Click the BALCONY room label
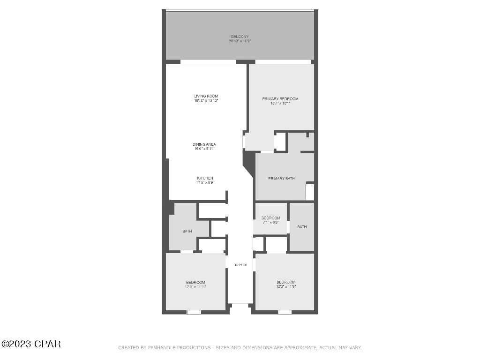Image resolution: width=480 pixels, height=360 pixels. (240, 37)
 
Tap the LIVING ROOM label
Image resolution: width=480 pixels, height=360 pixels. (206, 96)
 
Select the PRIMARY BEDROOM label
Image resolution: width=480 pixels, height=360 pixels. (280, 99)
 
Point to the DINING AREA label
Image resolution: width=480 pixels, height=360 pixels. (204, 144)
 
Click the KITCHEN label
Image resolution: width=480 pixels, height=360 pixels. (205, 178)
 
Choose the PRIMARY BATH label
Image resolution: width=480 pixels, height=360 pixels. (281, 179)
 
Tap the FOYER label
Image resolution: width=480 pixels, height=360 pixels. (241, 265)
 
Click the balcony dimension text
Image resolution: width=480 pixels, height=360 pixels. (240, 41)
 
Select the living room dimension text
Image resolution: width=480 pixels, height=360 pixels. (206, 101)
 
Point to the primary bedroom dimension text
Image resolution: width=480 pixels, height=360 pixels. (280, 103)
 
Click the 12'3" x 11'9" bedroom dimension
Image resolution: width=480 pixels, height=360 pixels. (286, 286)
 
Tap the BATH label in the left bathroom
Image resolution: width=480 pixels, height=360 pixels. (187, 231)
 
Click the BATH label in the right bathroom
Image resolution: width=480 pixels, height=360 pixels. (302, 227)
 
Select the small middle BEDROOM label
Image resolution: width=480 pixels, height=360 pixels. (270, 218)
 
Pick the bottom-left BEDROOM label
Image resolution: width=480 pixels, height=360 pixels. (195, 282)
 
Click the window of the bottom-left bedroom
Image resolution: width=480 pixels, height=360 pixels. (194, 312)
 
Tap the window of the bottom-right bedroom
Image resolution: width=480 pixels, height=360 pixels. (285, 312)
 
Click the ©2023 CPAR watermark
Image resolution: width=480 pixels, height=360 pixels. (31, 344)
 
